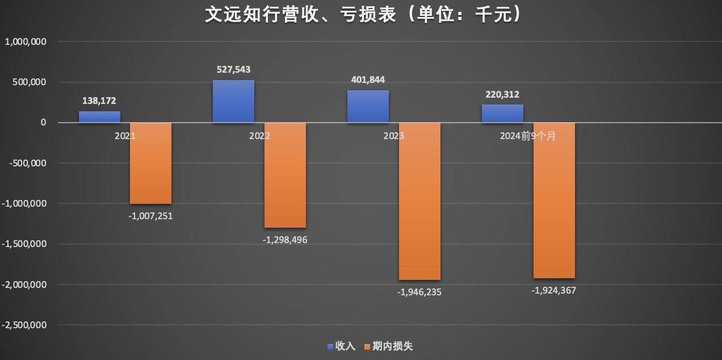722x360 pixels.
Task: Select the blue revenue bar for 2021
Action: [x=99, y=116]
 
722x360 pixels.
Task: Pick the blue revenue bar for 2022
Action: [x=233, y=101]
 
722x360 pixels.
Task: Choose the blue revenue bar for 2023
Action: [x=368, y=106]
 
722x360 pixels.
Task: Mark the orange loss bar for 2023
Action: [x=419, y=201]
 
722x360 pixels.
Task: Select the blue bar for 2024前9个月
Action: [x=502, y=114]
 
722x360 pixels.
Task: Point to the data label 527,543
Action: [x=233, y=70]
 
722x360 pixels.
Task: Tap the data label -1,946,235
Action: [x=419, y=292]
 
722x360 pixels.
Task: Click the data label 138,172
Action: [x=99, y=101]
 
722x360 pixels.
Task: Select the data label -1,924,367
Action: [x=554, y=291]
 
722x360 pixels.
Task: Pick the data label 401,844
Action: [x=368, y=80]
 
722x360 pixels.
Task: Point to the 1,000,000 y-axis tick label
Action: [x=26, y=41]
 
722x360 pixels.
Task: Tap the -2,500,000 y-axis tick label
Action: [x=24, y=325]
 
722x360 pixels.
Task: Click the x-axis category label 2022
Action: [x=259, y=136]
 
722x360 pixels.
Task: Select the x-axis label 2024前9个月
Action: [x=528, y=136]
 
